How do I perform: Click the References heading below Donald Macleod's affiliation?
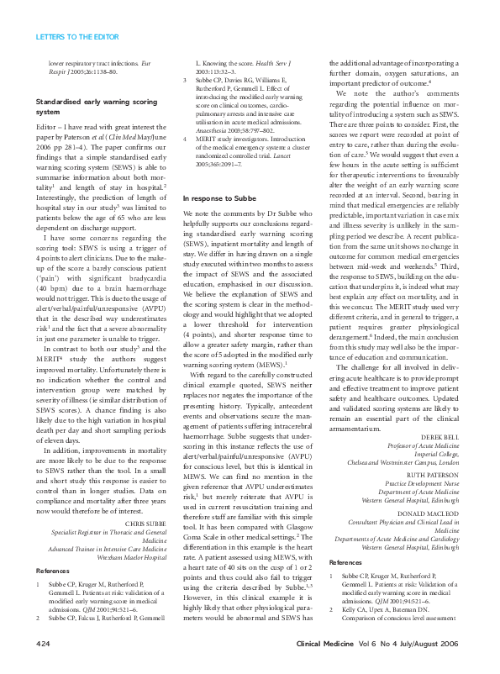click(345, 560)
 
